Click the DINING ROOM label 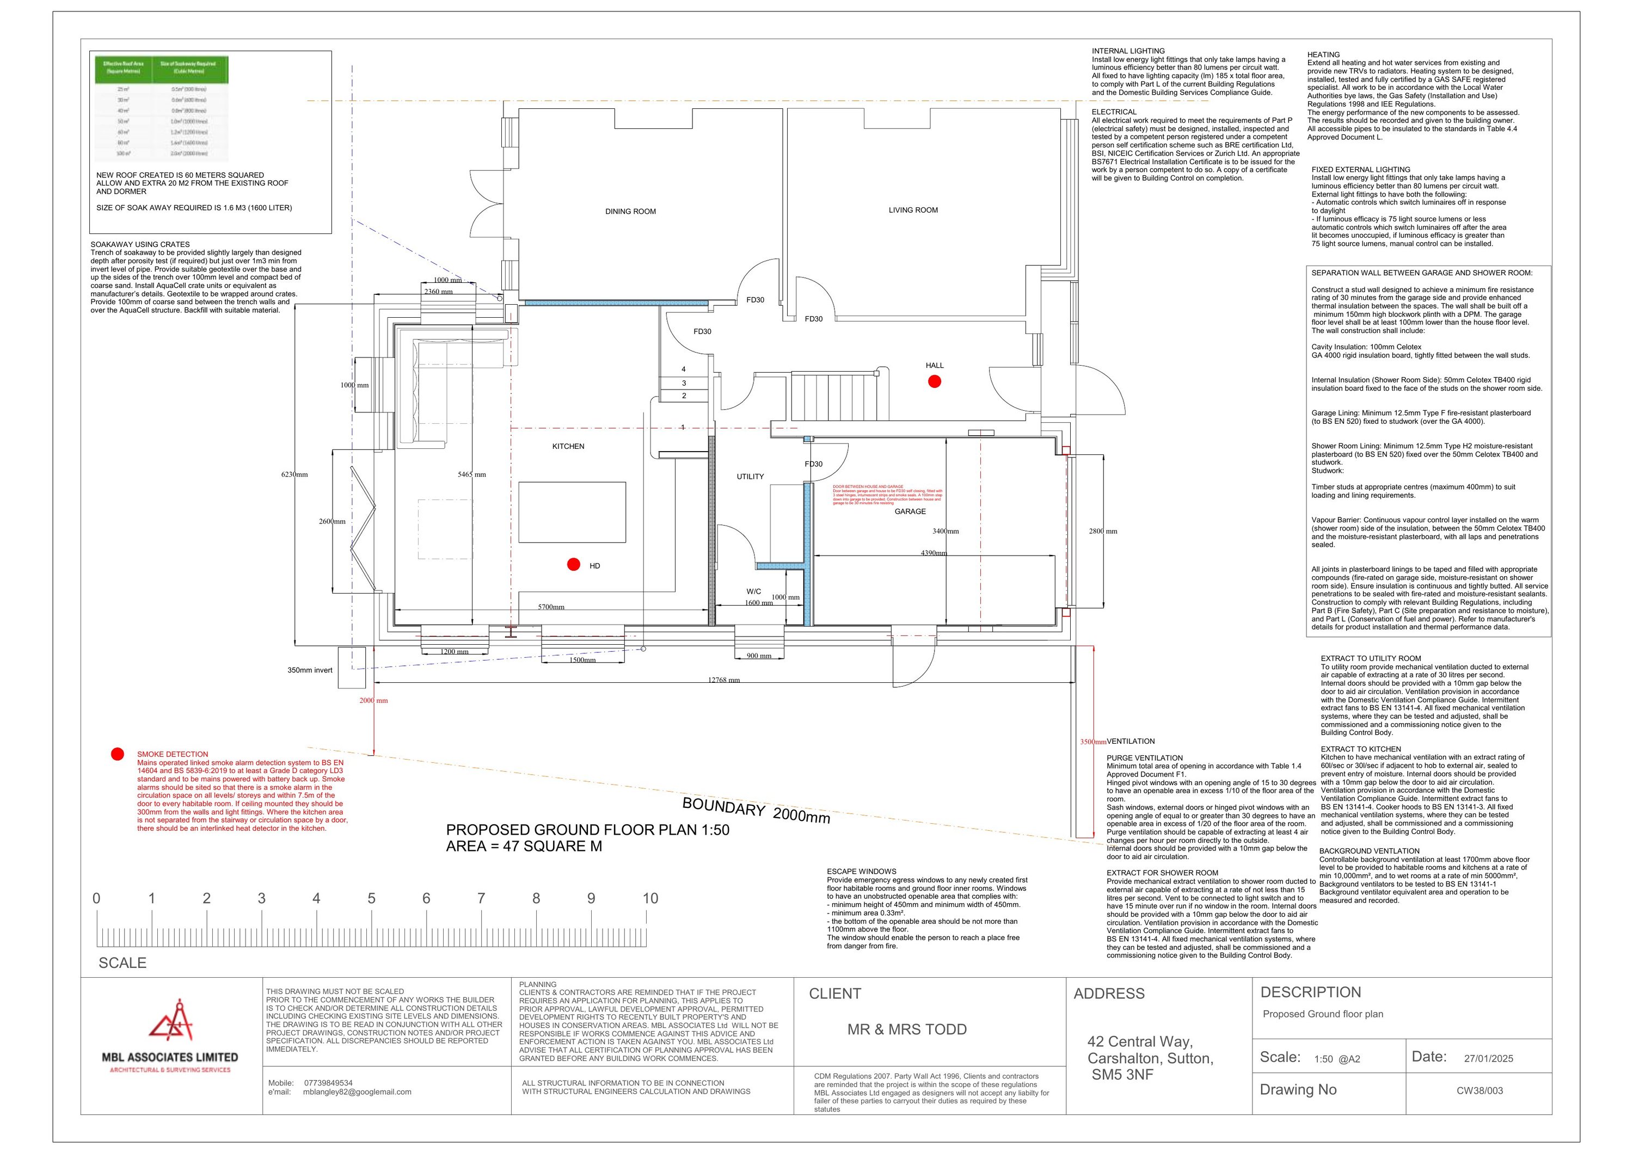point(630,211)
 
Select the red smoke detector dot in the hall point(935,381)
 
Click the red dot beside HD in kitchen point(573,565)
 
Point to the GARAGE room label point(910,511)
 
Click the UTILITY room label point(750,477)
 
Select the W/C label point(753,591)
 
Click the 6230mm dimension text point(294,474)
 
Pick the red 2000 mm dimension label point(373,700)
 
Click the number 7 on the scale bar point(481,899)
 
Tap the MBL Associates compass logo point(171,1020)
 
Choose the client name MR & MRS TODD point(907,1029)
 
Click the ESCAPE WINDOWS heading point(861,871)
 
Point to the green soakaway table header point(162,67)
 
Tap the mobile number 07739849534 point(328,1083)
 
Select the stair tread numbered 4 point(684,369)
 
